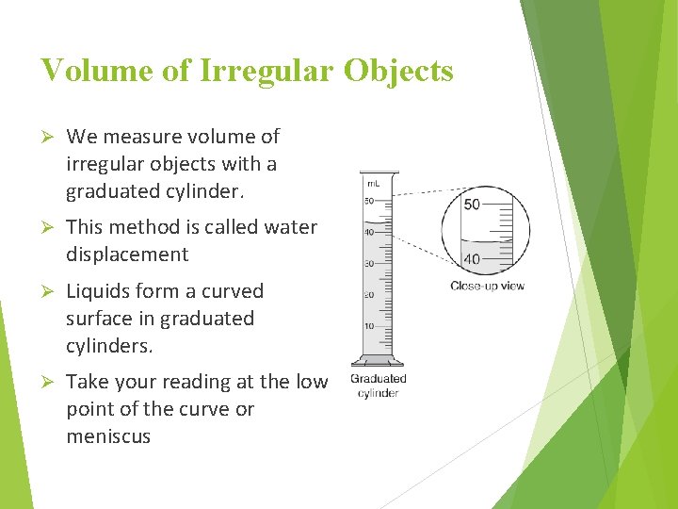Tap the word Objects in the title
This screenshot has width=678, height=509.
point(401,71)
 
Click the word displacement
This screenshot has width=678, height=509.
point(127,254)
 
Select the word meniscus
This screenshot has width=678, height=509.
point(107,436)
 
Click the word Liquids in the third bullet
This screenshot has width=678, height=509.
point(98,291)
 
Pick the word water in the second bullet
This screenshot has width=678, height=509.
point(293,228)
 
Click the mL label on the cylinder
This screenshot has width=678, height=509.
point(372,182)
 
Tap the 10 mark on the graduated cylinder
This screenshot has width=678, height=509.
point(370,326)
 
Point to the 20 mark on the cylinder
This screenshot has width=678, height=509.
point(370,295)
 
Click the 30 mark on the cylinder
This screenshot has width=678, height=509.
point(370,264)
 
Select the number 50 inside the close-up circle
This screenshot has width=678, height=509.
point(472,205)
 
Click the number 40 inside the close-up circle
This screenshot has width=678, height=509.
point(472,258)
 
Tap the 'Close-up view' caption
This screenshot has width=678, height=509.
point(487,286)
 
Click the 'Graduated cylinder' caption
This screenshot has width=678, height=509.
point(378,386)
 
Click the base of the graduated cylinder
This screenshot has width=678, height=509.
point(378,361)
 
